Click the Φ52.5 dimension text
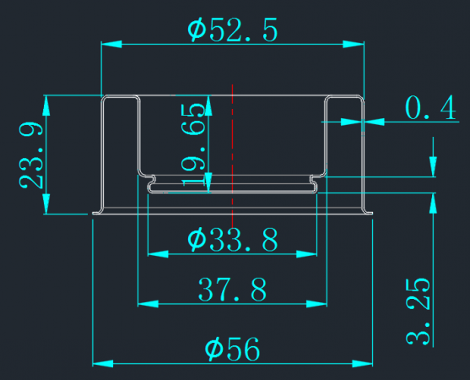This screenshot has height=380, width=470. tap(233, 30)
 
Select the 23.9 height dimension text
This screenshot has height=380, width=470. tap(31, 155)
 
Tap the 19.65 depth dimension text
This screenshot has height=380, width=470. tap(193, 144)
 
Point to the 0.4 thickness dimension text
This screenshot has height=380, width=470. tap(430, 108)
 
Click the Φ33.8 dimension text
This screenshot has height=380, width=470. tap(233, 239)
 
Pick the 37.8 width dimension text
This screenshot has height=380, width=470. tap(232, 289)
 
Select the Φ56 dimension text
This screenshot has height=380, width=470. tap(232, 349)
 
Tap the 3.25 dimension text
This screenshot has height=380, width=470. tap(418, 312)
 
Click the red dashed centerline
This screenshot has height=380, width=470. tap(233, 155)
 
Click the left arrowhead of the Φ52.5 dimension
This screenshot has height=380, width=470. tap(111, 45)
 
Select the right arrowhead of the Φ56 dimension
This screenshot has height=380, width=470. tap(362, 364)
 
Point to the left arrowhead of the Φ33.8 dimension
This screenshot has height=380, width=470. tap(159, 254)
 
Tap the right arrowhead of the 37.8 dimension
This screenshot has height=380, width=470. tap(316, 304)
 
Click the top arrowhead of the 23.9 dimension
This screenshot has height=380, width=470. tap(46, 106)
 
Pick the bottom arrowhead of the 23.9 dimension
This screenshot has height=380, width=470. tap(46, 204)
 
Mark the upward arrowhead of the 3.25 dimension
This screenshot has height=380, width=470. tap(433, 204)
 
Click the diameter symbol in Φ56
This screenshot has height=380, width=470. tap(214, 349)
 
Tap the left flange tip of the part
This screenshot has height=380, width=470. tap(93, 214)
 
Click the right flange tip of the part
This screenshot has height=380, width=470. tap(371, 214)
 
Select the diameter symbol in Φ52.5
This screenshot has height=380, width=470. tap(197, 30)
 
